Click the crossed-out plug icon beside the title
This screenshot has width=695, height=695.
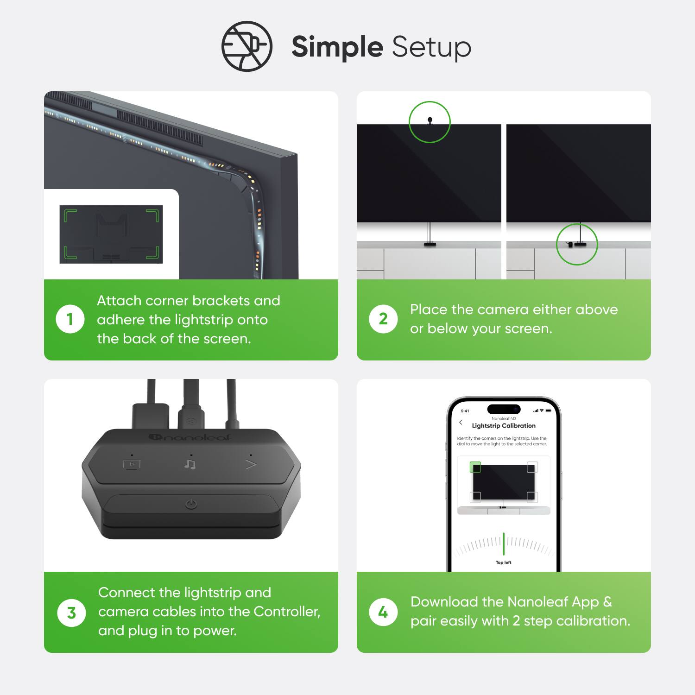pos(246,46)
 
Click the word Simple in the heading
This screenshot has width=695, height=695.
pos(337,47)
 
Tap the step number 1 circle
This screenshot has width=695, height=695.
pos(70,319)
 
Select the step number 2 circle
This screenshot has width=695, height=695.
pos(383,319)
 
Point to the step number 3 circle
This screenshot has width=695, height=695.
pos(71,613)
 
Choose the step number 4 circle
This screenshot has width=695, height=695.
pos(383,612)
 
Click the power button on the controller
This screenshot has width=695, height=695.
pos(191,504)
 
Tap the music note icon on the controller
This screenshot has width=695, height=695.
pos(190,464)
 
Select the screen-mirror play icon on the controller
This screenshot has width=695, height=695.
pos(132,464)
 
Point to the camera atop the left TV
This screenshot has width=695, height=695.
pos(430,120)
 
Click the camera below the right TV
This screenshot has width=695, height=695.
pos(570,244)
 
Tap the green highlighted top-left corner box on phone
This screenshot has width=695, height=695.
pos(475,467)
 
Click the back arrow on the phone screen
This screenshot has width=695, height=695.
pos(461,423)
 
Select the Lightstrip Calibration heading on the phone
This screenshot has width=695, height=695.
pos(504,426)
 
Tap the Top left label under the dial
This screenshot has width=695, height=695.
pos(504,562)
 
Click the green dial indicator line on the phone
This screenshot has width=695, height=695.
pos(504,543)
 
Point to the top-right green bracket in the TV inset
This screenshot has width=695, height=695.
pos(153,215)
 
